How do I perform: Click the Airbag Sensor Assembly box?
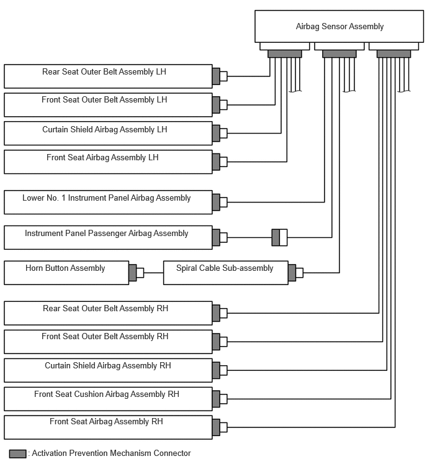(x=339, y=26)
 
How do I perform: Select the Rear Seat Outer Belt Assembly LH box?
(x=108, y=76)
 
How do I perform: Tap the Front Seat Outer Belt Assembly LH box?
(x=108, y=105)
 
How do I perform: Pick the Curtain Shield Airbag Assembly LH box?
(x=108, y=134)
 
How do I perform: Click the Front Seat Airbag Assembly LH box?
(x=108, y=162)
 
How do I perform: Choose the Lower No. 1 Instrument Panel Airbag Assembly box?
(x=108, y=202)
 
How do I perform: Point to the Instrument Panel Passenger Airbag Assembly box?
(x=108, y=237)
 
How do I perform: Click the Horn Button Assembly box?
(x=66, y=273)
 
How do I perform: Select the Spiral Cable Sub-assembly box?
(x=225, y=273)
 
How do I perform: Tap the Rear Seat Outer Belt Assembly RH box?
(x=108, y=313)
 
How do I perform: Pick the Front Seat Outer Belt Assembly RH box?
(x=108, y=342)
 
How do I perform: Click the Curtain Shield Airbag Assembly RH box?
(x=108, y=370)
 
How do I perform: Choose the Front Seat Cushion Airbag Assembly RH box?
(x=108, y=399)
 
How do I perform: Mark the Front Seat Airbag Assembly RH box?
(x=108, y=427)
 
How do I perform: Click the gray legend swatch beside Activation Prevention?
(x=17, y=453)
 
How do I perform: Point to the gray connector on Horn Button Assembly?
(x=133, y=273)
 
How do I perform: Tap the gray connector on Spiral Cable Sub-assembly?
(x=292, y=273)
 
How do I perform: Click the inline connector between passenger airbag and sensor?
(x=279, y=237)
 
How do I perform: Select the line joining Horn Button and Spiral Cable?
(x=153, y=273)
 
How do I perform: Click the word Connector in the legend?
(x=172, y=453)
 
